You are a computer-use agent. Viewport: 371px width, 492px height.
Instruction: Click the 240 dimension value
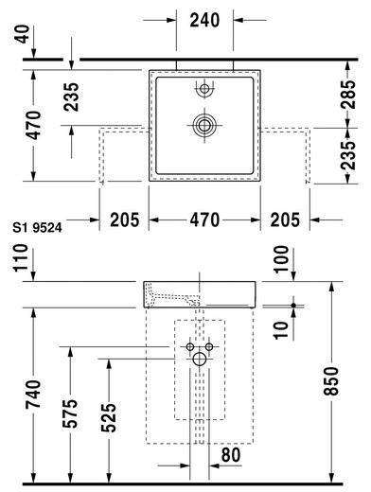pos(204,20)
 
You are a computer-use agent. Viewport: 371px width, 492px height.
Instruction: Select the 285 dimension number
pos(348,95)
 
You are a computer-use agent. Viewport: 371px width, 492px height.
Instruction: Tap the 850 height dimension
pos(331,380)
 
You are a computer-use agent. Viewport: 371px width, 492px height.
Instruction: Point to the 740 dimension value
pos(33,395)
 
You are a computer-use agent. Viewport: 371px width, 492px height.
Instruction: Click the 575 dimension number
pos(70,413)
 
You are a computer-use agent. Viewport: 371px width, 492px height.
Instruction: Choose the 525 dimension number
pos(109,417)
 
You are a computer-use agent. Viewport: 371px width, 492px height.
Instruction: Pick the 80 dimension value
pos(231,455)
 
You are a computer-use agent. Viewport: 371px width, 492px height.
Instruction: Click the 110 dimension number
pos(20,257)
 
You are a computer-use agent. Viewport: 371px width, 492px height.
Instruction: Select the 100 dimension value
pos(281,259)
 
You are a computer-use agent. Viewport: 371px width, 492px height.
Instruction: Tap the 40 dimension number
pos(22,34)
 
